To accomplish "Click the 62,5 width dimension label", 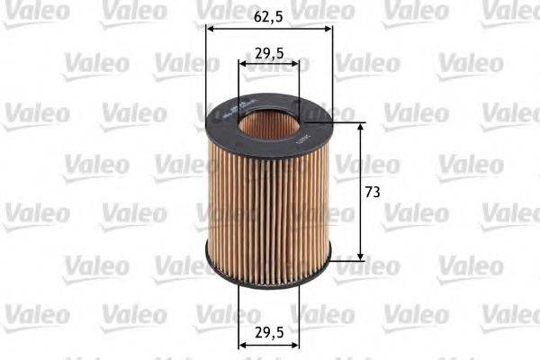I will click(269, 15).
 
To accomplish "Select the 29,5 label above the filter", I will click(269, 52).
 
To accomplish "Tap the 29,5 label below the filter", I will click(269, 332).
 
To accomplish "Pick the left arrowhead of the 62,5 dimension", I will click(211, 27).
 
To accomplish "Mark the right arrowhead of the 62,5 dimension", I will click(328, 27).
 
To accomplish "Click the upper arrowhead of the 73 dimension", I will click(361, 127).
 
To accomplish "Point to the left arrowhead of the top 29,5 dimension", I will click(243, 64).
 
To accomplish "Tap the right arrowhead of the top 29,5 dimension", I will click(294, 64).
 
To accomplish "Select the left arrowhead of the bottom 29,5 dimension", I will click(243, 344).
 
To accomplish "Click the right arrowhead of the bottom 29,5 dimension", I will click(294, 344).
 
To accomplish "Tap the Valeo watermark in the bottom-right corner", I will click(509, 314).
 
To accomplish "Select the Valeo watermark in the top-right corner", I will click(509, 12).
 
